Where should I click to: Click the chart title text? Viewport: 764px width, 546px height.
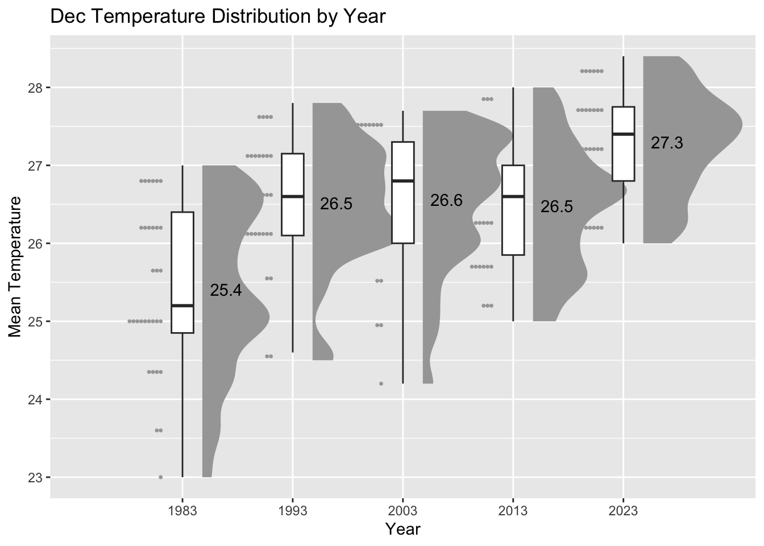tap(218, 16)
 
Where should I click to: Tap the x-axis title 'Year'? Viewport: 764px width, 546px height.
tap(402, 529)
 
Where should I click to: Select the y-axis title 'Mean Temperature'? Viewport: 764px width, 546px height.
tap(15, 266)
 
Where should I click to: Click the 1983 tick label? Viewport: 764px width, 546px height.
tap(182, 511)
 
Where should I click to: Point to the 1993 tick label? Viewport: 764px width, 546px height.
tap(293, 511)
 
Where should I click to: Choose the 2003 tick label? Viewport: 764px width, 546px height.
tap(402, 511)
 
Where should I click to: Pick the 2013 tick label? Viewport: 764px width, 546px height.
tap(513, 511)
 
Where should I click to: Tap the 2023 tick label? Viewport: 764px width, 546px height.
tap(623, 511)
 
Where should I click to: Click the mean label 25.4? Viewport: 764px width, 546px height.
tap(226, 291)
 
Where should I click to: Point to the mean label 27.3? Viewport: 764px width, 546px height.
tap(667, 143)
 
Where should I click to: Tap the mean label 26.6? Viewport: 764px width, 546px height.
tap(446, 200)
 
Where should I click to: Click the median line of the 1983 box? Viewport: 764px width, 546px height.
tap(182, 305)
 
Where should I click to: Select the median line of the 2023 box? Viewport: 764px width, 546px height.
tap(623, 134)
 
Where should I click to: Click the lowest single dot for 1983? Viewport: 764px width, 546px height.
tap(160, 477)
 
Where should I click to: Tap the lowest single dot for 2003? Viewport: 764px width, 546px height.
tap(381, 383)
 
